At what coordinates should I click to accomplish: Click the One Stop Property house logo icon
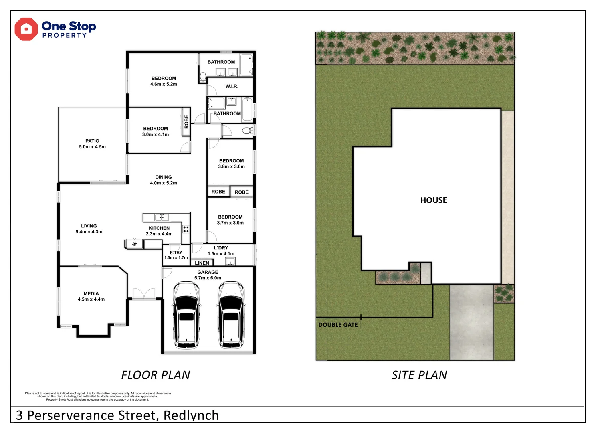click(x=26, y=29)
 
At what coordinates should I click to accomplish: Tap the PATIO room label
click(x=92, y=141)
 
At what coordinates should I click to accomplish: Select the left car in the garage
click(x=186, y=315)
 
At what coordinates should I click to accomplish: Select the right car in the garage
click(x=231, y=315)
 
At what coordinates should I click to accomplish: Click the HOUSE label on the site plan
click(x=433, y=200)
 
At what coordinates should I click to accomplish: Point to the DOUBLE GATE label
click(x=338, y=325)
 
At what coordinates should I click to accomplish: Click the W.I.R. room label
click(x=232, y=86)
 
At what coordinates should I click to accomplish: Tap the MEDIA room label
click(x=91, y=293)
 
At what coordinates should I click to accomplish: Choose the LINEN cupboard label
click(x=202, y=263)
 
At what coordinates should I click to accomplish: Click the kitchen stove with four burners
click(x=186, y=229)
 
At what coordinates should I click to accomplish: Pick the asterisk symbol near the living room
click(x=135, y=244)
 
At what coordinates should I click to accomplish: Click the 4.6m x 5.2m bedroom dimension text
click(x=164, y=84)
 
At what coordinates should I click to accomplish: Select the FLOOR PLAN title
click(x=156, y=375)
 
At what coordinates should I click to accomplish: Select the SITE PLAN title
click(x=419, y=375)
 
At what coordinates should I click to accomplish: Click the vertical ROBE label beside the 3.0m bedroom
click(x=186, y=121)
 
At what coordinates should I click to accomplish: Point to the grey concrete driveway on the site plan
click(x=471, y=322)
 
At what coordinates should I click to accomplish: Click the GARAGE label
click(x=208, y=272)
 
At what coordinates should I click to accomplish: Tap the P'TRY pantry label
click(x=176, y=253)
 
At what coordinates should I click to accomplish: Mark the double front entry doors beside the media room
click(x=144, y=293)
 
